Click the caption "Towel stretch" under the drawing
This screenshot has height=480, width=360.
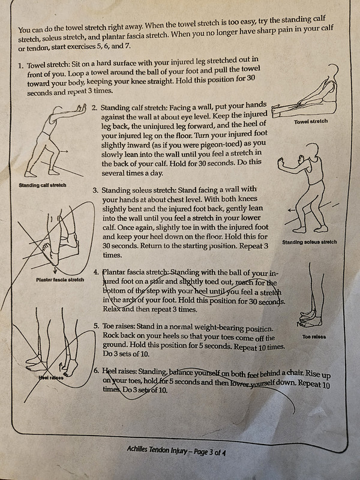pos(311,122)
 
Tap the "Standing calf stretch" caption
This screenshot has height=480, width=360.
pos(43,185)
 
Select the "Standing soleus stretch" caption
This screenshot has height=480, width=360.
pos(310,242)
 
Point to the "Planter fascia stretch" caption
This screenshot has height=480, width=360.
pos(60,280)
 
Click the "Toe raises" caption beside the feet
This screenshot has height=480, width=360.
pos(314,337)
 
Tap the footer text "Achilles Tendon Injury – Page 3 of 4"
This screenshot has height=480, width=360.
pos(176,451)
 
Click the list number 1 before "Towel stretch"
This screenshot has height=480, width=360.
pos(20,65)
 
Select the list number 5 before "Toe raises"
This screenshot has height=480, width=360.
pos(96,326)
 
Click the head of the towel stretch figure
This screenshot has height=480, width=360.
pos(334,70)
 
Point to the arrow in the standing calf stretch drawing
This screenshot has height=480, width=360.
pos(64,151)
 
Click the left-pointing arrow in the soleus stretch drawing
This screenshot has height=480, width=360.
pos(293,211)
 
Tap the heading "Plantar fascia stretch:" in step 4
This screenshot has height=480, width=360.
pos(136,272)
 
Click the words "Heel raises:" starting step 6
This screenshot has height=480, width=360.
pos(119,371)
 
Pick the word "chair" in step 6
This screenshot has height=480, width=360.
pos(295,373)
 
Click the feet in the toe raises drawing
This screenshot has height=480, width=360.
pos(311,319)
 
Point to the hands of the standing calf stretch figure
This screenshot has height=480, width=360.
pos(81,107)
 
